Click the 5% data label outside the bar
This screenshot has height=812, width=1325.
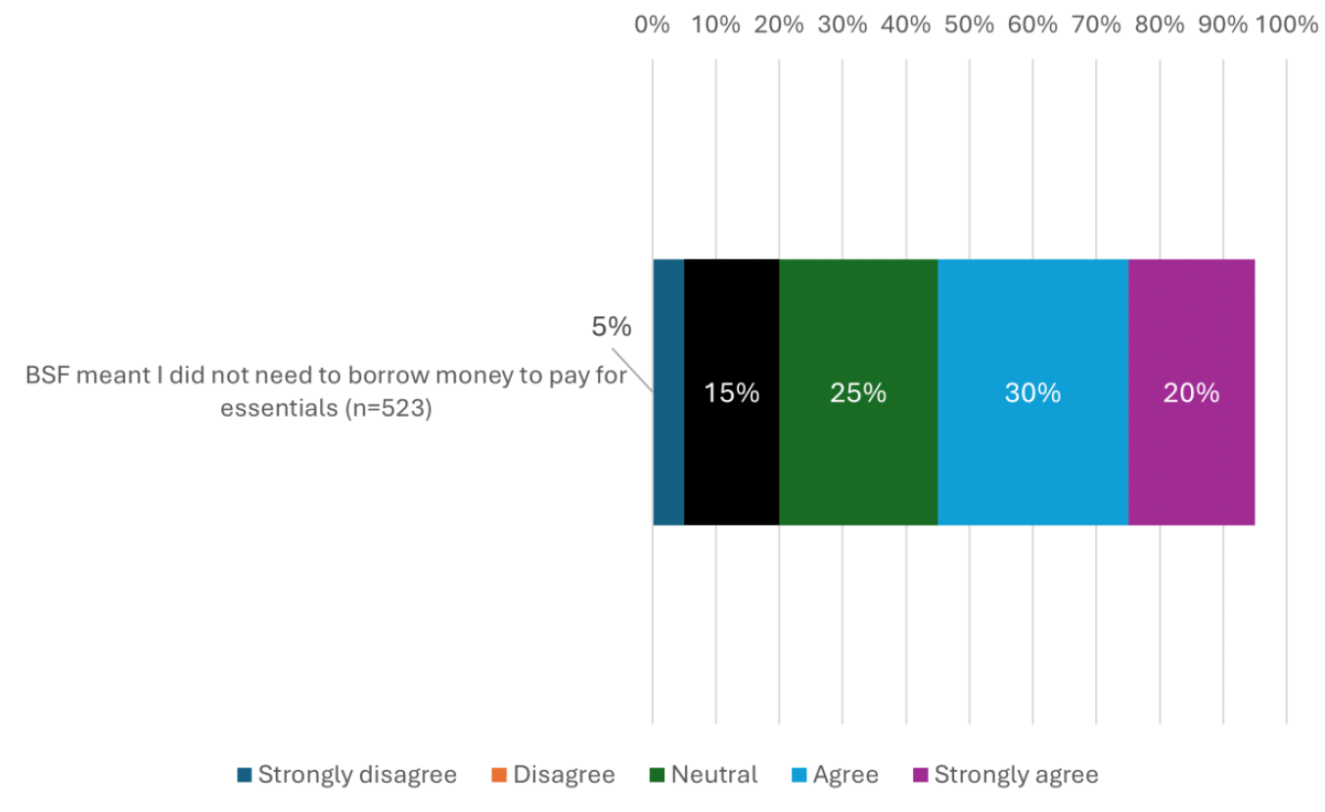[612, 328]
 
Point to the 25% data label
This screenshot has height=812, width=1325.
[858, 393]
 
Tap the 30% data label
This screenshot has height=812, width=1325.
[1032, 393]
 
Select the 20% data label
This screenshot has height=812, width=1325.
[1191, 393]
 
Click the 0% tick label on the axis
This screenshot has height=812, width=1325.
[653, 24]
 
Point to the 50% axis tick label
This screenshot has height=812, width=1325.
[969, 24]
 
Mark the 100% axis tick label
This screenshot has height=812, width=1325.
[1287, 24]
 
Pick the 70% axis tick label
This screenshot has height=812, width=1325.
[1096, 24]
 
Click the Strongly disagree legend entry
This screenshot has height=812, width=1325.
[347, 775]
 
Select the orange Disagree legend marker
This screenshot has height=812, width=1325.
[499, 776]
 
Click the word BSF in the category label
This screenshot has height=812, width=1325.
[46, 377]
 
